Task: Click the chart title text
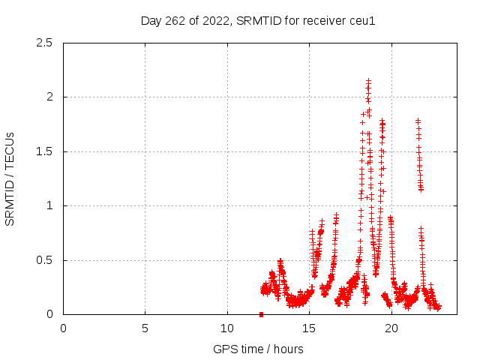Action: coord(258,20)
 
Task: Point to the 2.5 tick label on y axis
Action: coord(43,43)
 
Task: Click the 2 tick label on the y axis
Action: coord(49,97)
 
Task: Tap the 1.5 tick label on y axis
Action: coord(43,151)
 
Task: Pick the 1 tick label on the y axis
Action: coord(49,205)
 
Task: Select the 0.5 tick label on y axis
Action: coord(43,260)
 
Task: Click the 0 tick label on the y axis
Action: coord(49,314)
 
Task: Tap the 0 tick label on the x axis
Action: coord(63,328)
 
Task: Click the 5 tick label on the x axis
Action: coord(145,328)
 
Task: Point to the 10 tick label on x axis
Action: coord(226,328)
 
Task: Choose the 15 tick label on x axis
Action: coord(308,328)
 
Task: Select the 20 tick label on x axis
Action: coord(390,328)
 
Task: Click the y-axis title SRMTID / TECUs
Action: coord(10,178)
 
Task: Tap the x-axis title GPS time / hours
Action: coord(258,349)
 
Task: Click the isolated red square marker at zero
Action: coord(261,314)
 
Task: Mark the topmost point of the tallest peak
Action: coord(368,80)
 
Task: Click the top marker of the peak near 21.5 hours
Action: coord(418,120)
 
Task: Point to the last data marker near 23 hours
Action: coord(439,307)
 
